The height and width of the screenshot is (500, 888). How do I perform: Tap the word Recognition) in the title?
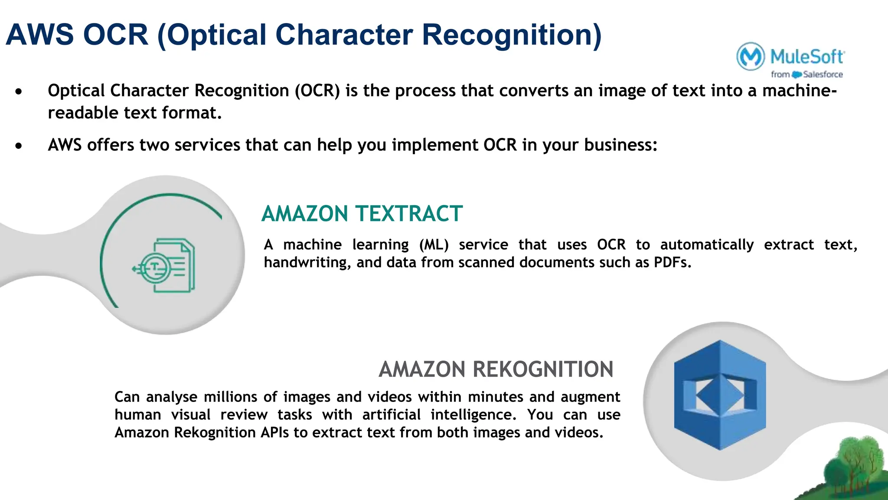click(512, 35)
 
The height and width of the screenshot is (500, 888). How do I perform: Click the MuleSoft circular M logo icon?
click(750, 56)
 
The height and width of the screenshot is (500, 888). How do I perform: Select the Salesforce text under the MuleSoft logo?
click(823, 75)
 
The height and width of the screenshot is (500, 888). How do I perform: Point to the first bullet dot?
click(18, 92)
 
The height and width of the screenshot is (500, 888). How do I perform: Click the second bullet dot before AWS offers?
click(18, 146)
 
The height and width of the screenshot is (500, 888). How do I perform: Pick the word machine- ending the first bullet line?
click(799, 91)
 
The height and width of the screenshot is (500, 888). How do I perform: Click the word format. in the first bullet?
click(192, 113)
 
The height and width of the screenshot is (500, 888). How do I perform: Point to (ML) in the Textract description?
click(434, 245)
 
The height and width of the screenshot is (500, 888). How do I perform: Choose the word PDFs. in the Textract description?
click(673, 263)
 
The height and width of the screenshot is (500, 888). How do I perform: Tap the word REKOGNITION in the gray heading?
click(543, 369)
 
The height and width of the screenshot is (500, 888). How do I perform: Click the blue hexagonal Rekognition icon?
click(720, 395)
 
